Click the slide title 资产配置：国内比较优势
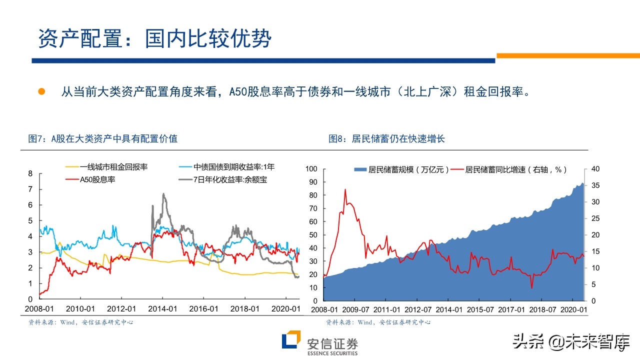[154, 39]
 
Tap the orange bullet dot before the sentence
[42, 91]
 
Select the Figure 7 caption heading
[102, 139]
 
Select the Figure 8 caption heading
[386, 139]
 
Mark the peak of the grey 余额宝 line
[163, 194]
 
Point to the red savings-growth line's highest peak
[345, 189]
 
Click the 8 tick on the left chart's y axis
[30, 173]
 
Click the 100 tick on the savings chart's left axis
[311, 169]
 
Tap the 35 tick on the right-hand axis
[595, 185]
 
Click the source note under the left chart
[80, 322]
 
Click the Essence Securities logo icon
[291, 340]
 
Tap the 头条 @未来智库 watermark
[570, 341]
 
